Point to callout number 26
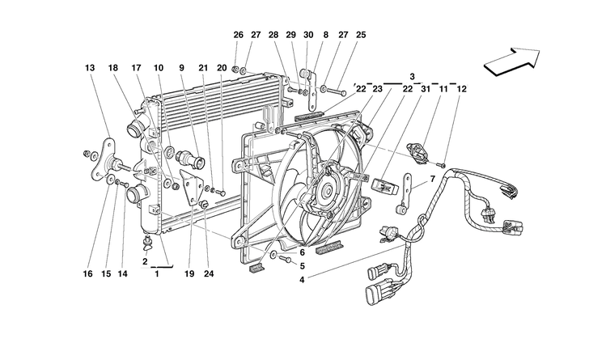coord(238,35)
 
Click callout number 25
coord(361,35)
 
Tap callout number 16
coord(87,273)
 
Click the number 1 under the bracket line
coord(157,273)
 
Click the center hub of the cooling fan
coord(326,191)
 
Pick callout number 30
coord(308,35)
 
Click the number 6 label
coord(301,252)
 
